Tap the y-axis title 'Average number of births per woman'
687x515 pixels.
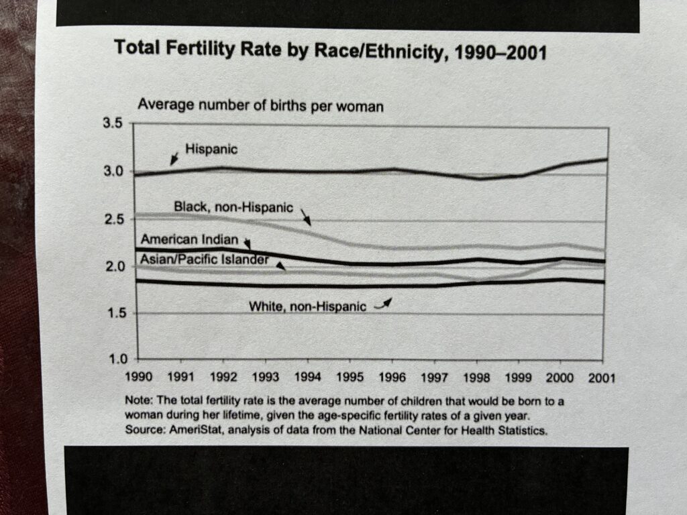(260, 106)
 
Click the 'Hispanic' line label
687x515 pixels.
(211, 150)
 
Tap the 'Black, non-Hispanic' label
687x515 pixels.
(233, 207)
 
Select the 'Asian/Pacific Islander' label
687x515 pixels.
(203, 259)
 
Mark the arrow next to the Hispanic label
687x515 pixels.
(174, 158)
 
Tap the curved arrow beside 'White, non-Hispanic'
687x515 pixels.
(382, 304)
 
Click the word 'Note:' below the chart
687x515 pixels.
(138, 401)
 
